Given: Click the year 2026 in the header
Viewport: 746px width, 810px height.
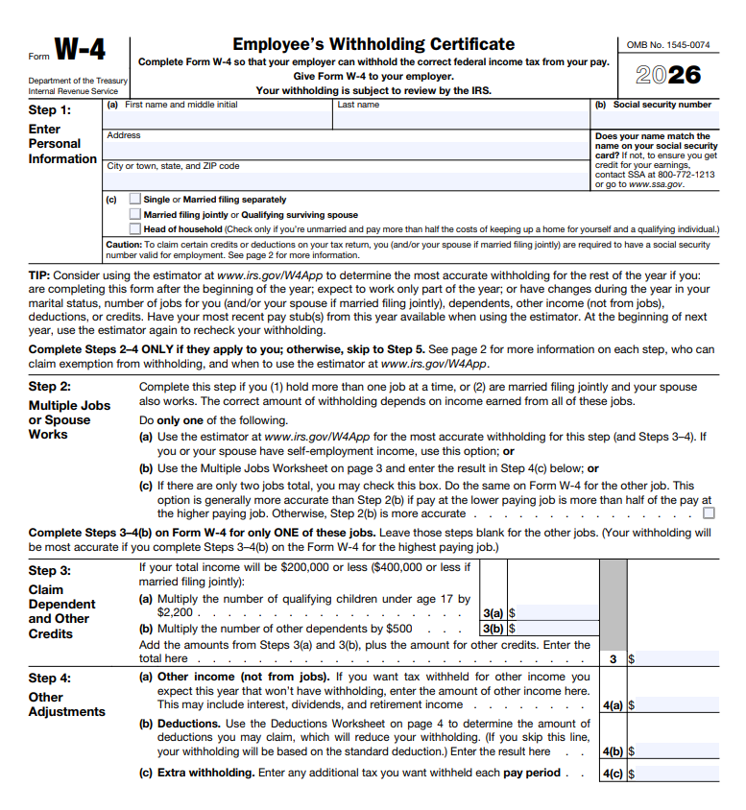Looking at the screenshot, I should click(x=668, y=75).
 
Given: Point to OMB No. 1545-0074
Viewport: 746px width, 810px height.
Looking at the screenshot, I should click(x=668, y=44).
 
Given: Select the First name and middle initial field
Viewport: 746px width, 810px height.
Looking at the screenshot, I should click(x=218, y=119).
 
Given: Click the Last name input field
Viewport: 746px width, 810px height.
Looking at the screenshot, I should click(x=460, y=119).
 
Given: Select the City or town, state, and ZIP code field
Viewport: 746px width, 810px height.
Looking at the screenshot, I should click(x=346, y=180).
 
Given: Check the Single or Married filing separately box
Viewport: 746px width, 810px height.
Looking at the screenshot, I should click(x=135, y=200).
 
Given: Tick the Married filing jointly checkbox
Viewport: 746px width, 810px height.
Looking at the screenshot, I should click(x=135, y=215).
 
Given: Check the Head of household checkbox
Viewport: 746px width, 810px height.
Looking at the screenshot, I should click(x=135, y=229).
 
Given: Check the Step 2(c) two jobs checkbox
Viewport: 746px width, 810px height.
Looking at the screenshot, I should click(x=709, y=513).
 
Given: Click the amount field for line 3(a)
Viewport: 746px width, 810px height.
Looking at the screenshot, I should click(x=553, y=611).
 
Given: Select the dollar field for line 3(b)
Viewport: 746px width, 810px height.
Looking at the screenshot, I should click(x=553, y=629).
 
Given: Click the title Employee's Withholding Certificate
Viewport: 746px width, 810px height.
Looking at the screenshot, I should click(x=373, y=44).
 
